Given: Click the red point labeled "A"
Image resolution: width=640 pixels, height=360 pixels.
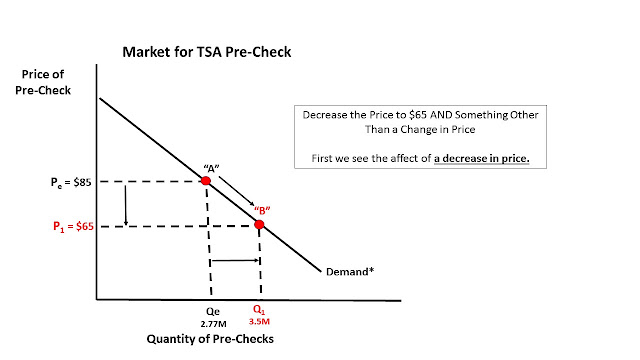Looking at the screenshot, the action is tap(206, 180).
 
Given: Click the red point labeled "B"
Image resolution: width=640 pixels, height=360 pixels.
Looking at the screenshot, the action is tap(259, 224).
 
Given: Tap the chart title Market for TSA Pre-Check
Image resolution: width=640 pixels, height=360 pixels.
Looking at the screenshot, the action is tap(207, 52).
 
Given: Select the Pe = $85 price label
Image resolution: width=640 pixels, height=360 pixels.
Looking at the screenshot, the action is tap(71, 182).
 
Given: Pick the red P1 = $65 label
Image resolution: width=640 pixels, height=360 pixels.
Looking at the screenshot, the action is tap(73, 226).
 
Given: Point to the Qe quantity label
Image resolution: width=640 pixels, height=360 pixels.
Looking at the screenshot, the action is tap(213, 311).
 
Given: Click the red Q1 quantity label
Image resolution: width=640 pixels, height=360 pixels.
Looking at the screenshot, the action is tap(259, 310).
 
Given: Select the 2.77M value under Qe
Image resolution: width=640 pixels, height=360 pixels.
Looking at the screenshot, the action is tap(213, 324).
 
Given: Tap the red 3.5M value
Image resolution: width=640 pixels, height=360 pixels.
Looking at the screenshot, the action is tap(259, 322).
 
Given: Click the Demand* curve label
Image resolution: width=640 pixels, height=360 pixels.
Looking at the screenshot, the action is tap(350, 272).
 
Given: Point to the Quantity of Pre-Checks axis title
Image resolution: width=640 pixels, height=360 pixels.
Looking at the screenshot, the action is tap(210, 339).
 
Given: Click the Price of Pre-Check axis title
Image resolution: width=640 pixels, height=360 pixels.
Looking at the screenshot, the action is tap(43, 82).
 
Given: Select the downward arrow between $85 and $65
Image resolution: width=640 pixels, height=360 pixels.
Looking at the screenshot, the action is tap(126, 205).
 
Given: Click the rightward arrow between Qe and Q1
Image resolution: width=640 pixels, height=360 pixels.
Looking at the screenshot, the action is tap(236, 260).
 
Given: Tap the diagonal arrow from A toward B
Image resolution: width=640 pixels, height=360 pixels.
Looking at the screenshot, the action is tap(237, 191).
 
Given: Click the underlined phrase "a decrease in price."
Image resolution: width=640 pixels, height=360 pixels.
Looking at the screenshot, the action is tap(482, 158).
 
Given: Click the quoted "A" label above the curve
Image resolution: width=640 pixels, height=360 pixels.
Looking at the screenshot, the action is tap(211, 168).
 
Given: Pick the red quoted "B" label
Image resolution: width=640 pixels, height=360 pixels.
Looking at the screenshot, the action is tap(262, 211).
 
